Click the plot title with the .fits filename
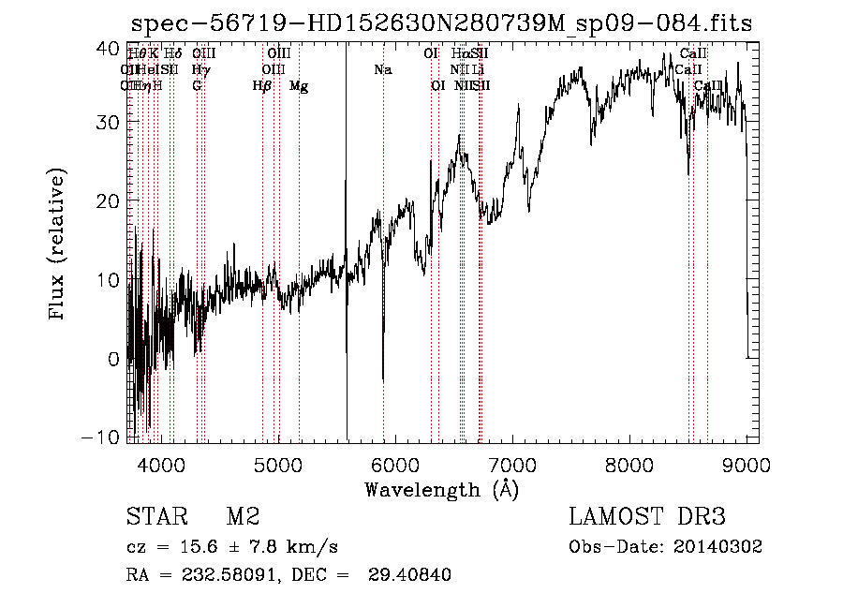[x=440, y=23]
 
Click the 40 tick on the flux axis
[x=109, y=46]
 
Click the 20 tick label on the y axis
[x=109, y=201]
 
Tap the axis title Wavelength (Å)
[x=441, y=489]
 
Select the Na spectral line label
[x=382, y=70]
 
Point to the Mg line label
[x=299, y=86]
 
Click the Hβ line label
[x=262, y=86]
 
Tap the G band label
[x=197, y=86]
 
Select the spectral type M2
[x=242, y=517]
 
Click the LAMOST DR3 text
[x=647, y=517]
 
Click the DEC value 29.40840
[x=410, y=575]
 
